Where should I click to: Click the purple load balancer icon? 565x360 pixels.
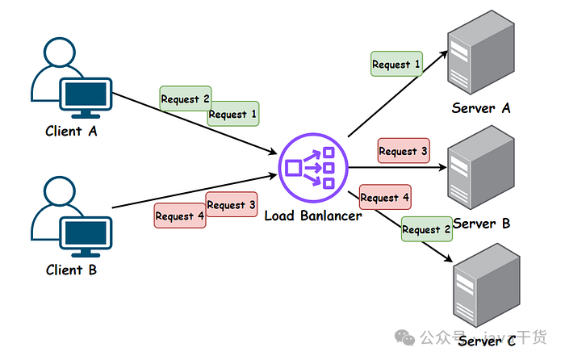(x=312, y=167)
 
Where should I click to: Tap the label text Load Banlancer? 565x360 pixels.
(x=313, y=216)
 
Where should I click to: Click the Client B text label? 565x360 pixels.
(x=71, y=270)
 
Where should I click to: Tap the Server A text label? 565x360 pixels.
(x=482, y=108)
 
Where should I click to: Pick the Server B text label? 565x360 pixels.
(x=482, y=223)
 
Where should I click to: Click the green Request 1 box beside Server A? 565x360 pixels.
(x=396, y=64)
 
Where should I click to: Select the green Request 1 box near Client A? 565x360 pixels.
(x=234, y=115)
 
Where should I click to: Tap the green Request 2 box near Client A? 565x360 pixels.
(x=185, y=98)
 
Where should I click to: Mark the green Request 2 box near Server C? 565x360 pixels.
(x=426, y=229)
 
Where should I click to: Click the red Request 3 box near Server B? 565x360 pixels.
(x=404, y=151)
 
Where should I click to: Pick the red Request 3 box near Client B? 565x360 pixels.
(x=232, y=205)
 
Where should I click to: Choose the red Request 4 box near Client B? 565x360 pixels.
(x=179, y=216)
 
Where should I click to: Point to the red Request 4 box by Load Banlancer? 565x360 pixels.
(x=384, y=197)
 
